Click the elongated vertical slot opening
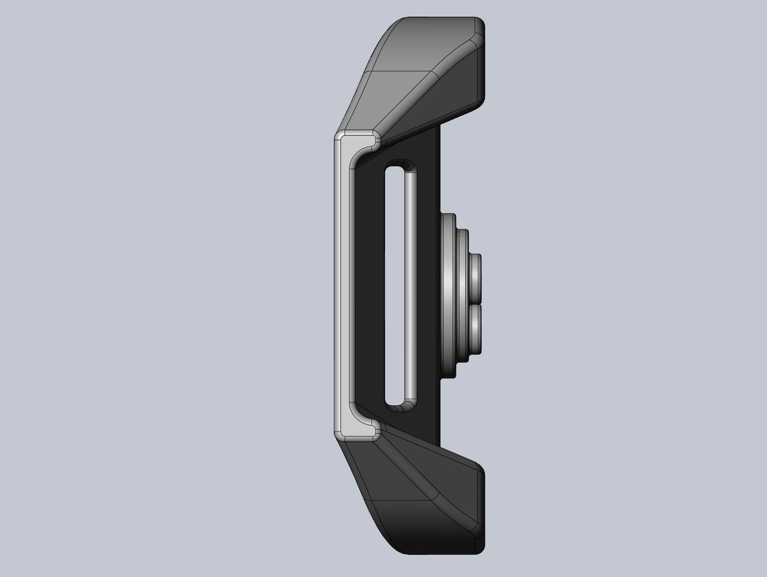[x=395, y=284]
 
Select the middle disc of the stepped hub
[x=463, y=297]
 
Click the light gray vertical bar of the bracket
[x=342, y=284]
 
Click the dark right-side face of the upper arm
[x=464, y=86]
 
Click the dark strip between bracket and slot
[x=369, y=284]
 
